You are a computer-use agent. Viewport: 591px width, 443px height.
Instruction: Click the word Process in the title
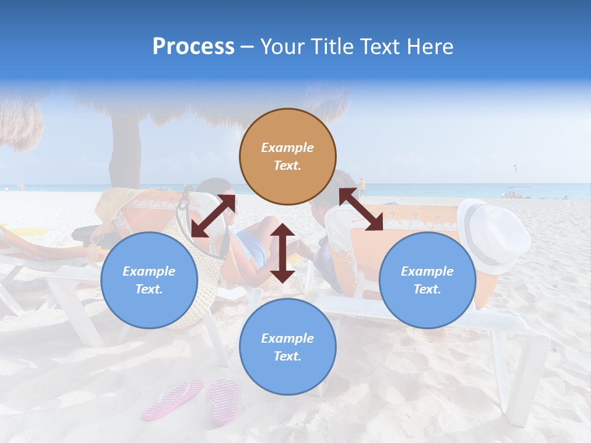point(193,47)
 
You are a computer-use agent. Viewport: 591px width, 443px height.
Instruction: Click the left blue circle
point(149,281)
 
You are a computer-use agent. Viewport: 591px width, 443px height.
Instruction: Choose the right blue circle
point(427,281)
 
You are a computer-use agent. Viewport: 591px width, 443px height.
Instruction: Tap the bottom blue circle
point(287,346)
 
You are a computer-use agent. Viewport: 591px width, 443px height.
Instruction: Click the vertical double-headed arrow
point(283,253)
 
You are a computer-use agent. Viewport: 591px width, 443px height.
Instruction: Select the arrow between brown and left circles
point(214,215)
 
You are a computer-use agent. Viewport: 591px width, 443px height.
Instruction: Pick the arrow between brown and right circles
point(361,209)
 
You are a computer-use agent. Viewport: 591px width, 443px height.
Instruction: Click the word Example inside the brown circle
point(287,148)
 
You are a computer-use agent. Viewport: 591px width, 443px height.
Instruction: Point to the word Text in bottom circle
point(287,356)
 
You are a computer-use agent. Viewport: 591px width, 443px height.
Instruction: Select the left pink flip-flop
point(173,399)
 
